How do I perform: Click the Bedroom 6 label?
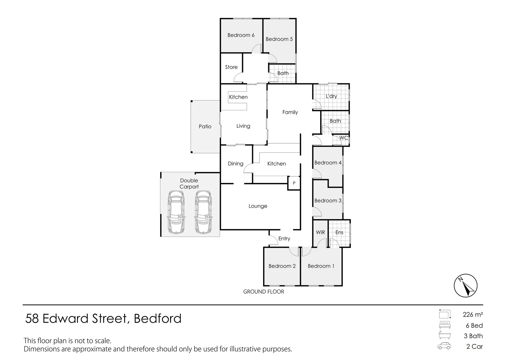click(x=241, y=35)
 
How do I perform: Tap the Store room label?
click(x=231, y=67)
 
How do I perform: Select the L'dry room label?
click(x=331, y=96)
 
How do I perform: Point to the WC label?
click(x=343, y=138)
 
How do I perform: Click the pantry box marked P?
click(x=294, y=183)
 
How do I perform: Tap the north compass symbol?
click(x=465, y=286)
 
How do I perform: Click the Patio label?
click(x=205, y=126)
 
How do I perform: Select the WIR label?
click(x=320, y=232)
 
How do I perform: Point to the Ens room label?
click(x=339, y=232)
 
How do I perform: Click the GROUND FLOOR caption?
click(x=263, y=292)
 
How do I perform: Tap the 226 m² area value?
click(x=473, y=314)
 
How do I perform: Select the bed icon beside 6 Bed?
click(x=445, y=325)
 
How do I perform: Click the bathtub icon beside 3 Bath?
click(x=445, y=335)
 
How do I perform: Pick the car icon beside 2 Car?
click(x=444, y=346)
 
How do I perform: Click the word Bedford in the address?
click(x=158, y=319)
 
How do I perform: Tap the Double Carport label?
click(x=189, y=184)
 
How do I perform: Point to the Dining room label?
click(x=236, y=164)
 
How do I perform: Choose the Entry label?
click(x=284, y=239)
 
